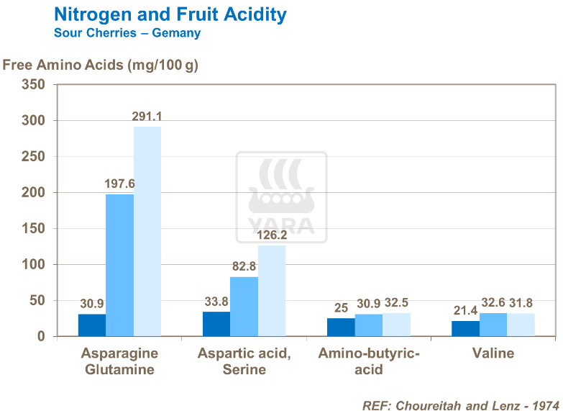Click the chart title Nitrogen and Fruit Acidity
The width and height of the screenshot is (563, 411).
(170, 14)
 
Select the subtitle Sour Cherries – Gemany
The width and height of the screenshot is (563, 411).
(127, 33)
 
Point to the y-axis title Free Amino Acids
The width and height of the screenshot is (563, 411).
(100, 65)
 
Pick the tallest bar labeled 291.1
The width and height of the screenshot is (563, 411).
(147, 231)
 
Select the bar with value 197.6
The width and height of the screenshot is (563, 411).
(120, 265)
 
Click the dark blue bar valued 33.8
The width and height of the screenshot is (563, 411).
(216, 324)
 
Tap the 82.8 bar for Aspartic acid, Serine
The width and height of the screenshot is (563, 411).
(244, 307)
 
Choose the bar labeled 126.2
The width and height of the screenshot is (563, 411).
(272, 291)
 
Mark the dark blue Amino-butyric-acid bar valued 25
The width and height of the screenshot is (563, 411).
(341, 327)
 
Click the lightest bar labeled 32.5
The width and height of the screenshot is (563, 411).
(396, 325)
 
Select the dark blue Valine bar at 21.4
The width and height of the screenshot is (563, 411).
(465, 328)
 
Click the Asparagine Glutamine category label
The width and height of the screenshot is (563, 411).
(119, 361)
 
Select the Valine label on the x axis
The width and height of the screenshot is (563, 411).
(493, 353)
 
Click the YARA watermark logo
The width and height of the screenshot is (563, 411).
(281, 197)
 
